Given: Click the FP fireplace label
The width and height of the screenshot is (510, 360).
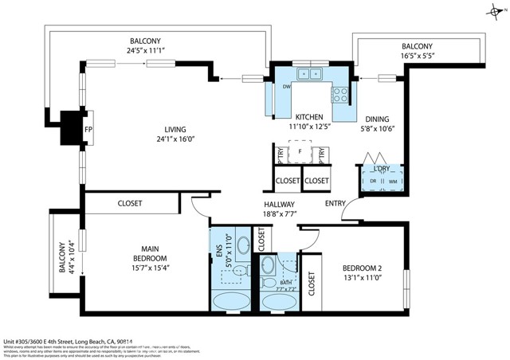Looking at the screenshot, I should [x=88, y=123].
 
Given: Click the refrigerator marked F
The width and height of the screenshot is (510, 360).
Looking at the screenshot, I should [x=300, y=151].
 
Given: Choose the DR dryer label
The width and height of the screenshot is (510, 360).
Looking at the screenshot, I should [x=371, y=180].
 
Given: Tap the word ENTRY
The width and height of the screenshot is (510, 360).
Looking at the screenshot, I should [x=335, y=204].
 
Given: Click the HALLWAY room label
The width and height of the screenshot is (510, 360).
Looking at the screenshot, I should [x=280, y=204].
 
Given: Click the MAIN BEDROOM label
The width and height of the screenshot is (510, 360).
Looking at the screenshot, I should [x=151, y=253].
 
